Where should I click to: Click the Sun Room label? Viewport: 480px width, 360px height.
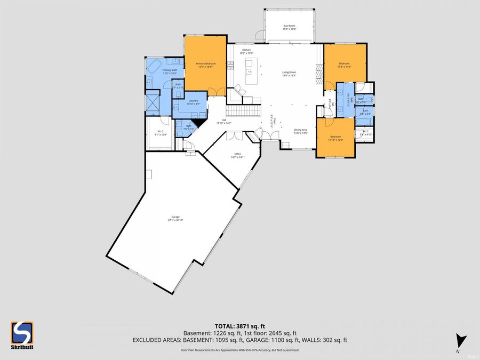pyautogui.click(x=289, y=27)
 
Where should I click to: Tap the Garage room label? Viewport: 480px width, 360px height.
pyautogui.click(x=174, y=219)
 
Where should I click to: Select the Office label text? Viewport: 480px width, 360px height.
pyautogui.click(x=237, y=156)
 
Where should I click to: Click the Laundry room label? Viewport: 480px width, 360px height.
pyautogui.click(x=194, y=102)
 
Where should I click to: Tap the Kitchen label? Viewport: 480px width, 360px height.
pyautogui.click(x=246, y=51)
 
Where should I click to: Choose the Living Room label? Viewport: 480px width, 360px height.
pyautogui.click(x=289, y=74)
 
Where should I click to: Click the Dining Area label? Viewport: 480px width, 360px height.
pyautogui.click(x=301, y=131)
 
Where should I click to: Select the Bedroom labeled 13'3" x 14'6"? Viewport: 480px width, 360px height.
pyautogui.click(x=345, y=65)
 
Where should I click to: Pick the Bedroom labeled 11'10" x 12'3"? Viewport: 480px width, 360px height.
pyautogui.click(x=335, y=138)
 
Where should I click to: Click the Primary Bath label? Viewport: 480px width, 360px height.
pyautogui.click(x=170, y=71)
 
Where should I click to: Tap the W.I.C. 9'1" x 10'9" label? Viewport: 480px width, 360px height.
pyautogui.click(x=161, y=133)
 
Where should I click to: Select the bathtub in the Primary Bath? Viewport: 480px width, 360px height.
pyautogui.click(x=155, y=67)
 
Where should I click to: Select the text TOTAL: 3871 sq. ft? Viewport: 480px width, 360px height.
pyautogui.click(x=239, y=325)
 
